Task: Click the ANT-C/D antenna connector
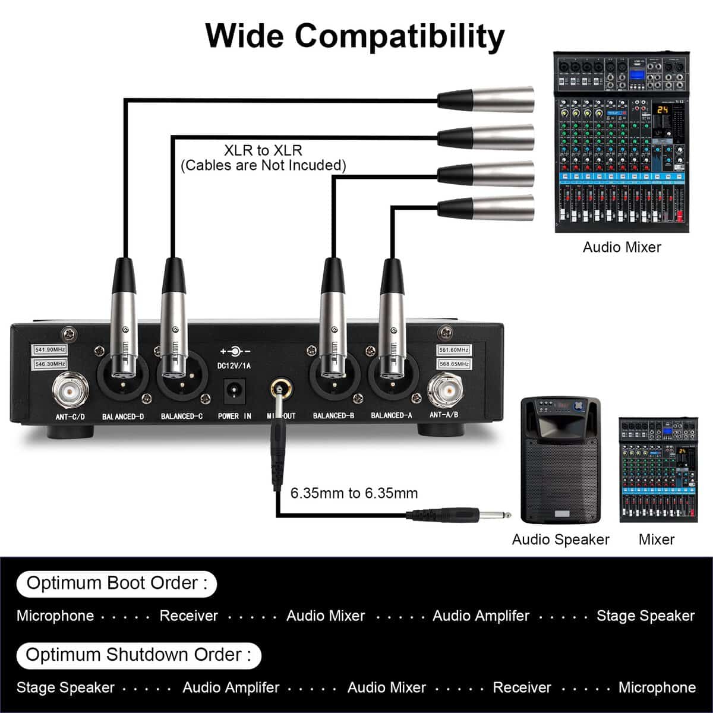pos(71,390)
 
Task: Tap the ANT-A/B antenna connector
pos(447,390)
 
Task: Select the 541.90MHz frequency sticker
pos(51,350)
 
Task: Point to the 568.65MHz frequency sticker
pos(455,364)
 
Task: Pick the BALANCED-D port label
pos(123,417)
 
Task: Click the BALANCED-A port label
pos(392,416)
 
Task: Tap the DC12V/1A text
pos(234,366)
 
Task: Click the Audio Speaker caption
pos(560,540)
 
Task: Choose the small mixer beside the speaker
pos(658,469)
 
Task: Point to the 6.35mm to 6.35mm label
pos(354,493)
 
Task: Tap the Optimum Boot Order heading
pos(116,583)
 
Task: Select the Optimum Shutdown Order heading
pos(138,655)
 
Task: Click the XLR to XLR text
pos(263,150)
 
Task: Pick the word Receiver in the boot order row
pos(189,616)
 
